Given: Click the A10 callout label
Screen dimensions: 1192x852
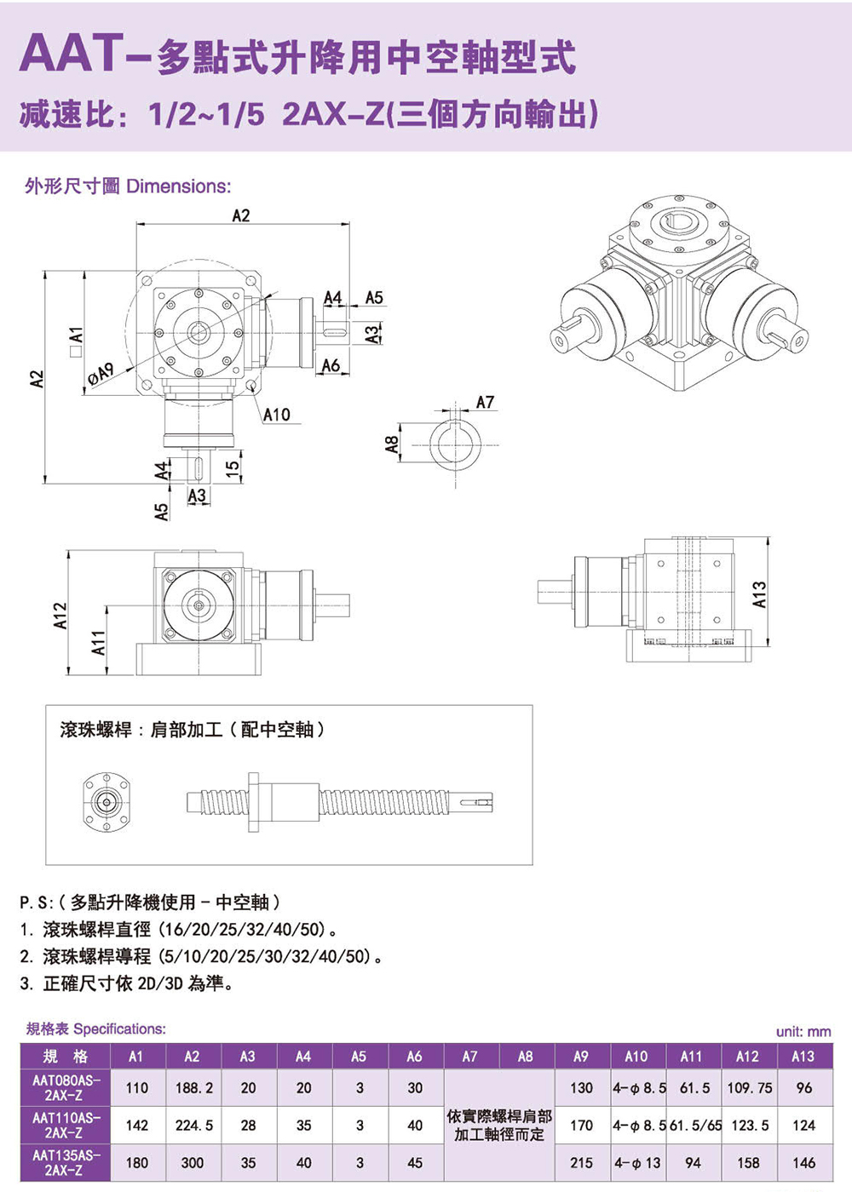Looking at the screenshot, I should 276,415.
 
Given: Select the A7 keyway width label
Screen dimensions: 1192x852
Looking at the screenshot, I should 485,402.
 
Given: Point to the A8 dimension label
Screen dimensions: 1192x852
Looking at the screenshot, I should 392,444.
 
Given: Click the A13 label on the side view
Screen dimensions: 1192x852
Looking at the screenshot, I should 759,593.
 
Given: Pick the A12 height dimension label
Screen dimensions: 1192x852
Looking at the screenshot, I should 60,616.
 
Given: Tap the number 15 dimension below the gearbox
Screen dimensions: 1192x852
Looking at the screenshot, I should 231,468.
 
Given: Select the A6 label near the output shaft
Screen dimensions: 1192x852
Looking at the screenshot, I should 331,365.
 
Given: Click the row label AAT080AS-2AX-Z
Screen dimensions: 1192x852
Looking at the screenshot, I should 66,1087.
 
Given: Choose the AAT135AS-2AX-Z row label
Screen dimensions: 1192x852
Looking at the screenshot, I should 66,1162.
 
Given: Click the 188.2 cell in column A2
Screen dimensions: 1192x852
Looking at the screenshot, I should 193,1088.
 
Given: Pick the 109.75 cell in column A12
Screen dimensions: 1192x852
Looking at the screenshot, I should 749,1088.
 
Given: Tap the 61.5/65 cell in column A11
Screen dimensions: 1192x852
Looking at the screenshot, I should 694,1126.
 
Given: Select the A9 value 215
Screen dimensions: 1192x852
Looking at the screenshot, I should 581,1162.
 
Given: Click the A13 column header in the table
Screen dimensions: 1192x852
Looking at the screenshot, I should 803,1057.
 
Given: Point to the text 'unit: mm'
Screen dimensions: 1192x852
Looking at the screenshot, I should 803,1032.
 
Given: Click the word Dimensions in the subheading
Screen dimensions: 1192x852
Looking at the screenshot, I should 178,186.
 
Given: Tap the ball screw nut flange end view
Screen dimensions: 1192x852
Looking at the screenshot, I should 106,801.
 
